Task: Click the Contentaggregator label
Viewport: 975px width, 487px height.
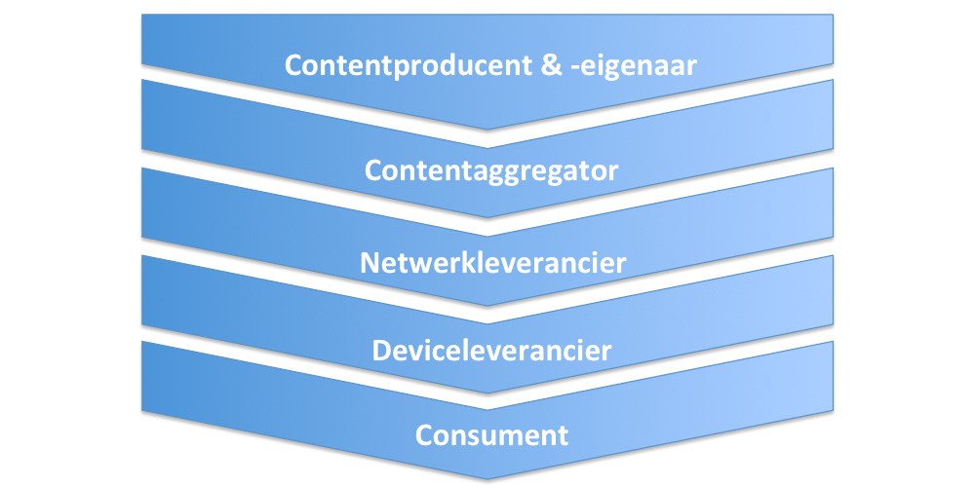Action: click(x=491, y=170)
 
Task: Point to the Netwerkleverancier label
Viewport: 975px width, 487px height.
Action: click(x=491, y=263)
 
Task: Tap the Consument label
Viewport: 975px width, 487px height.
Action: click(x=491, y=434)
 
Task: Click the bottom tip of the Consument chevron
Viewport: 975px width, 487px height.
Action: click(x=487, y=478)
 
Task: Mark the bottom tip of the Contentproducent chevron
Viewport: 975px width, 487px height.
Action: click(x=487, y=130)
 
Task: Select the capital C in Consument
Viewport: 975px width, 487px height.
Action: click(x=425, y=434)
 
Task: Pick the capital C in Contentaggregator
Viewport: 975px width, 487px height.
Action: click(x=374, y=170)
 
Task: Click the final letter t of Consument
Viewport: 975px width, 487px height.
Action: click(x=562, y=434)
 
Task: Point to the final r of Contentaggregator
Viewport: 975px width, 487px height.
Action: click(x=613, y=171)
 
